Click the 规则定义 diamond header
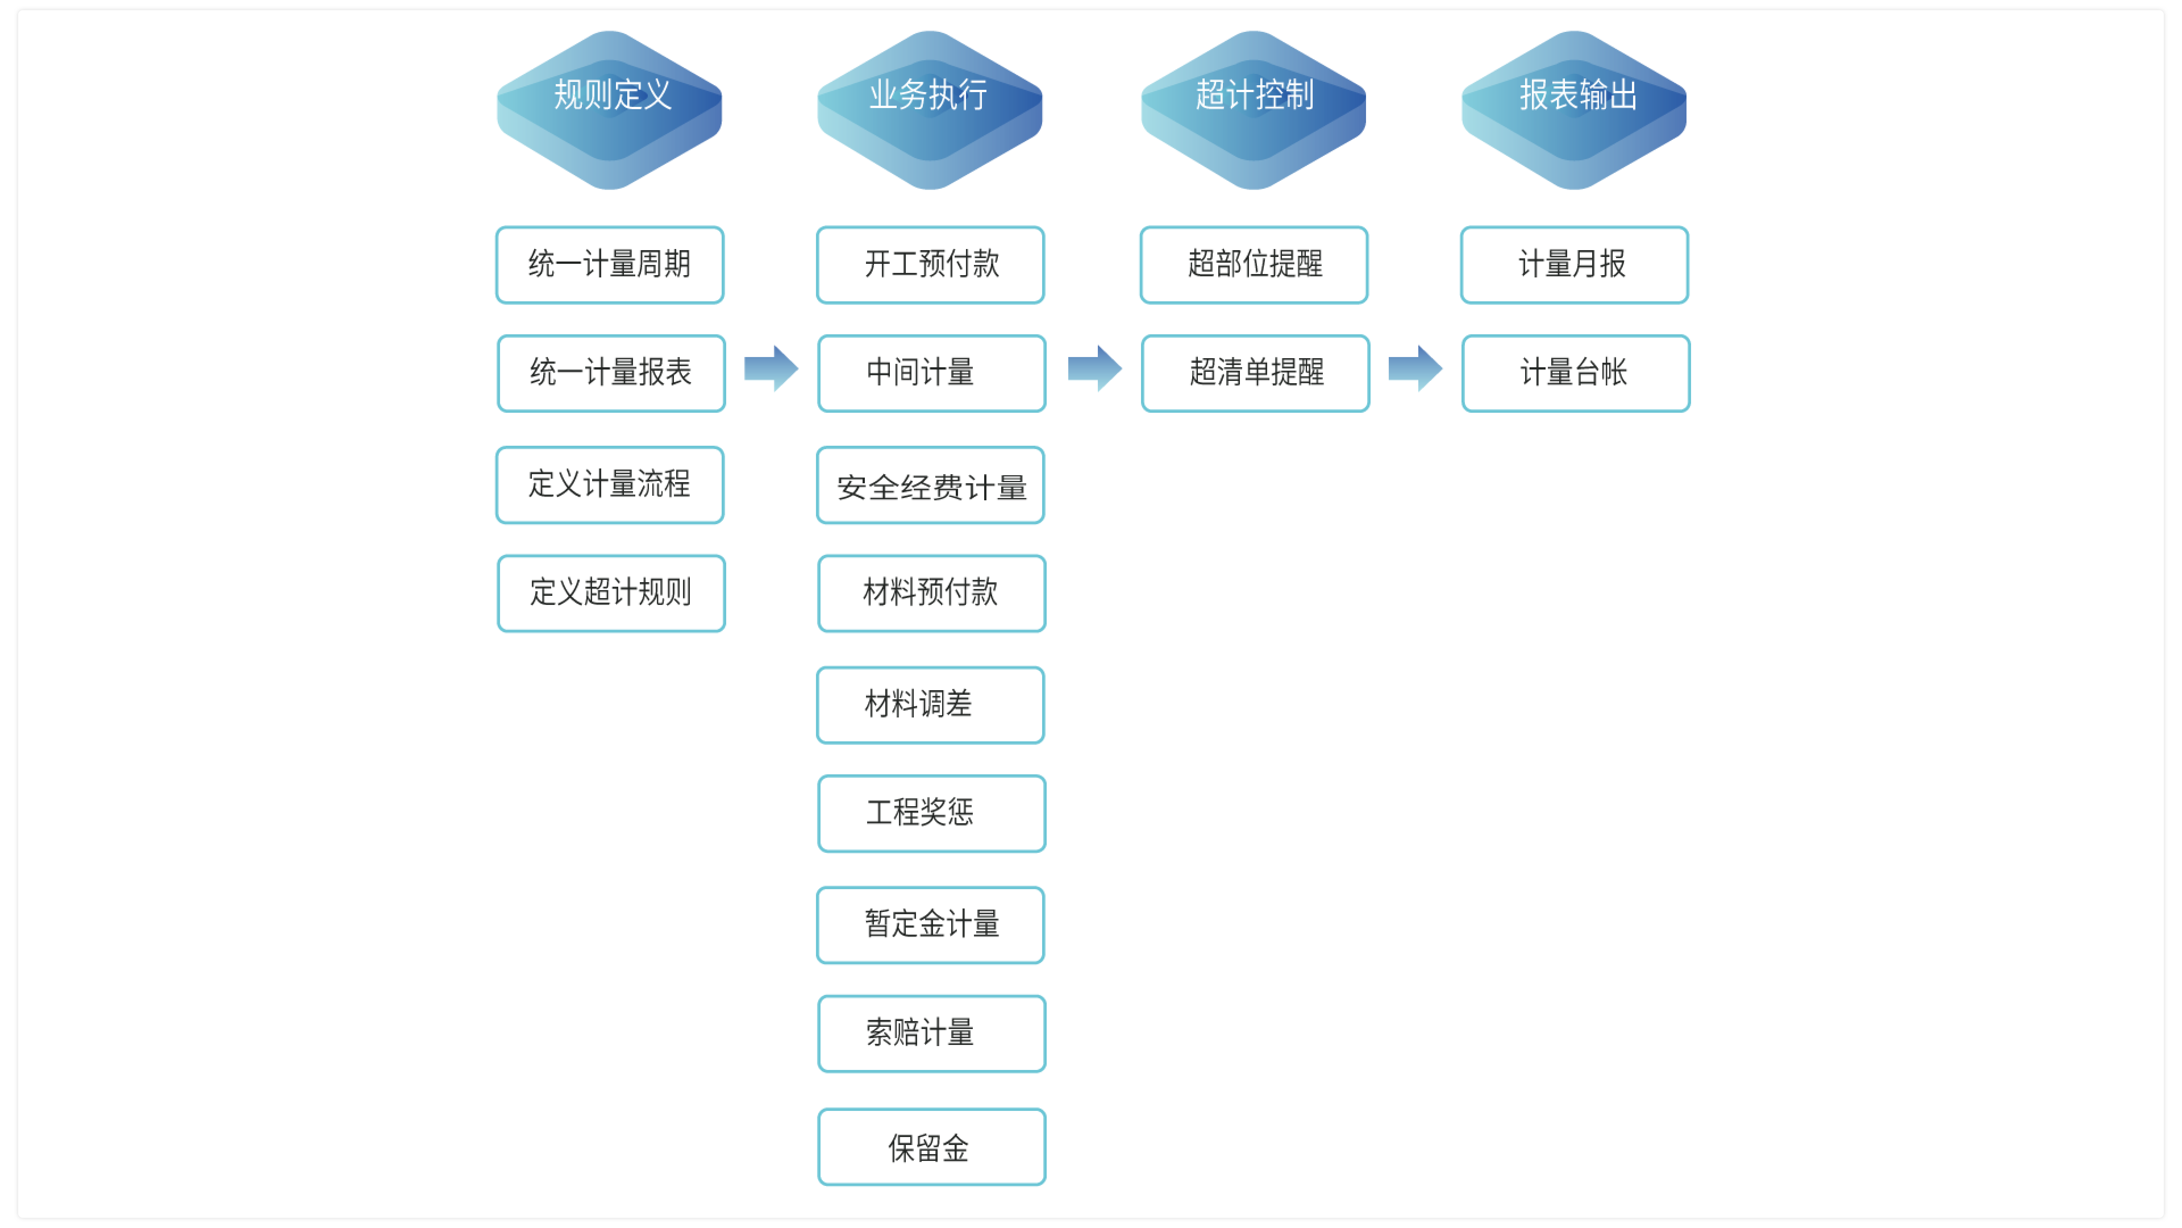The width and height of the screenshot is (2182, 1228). (609, 108)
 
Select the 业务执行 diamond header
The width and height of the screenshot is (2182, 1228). (929, 108)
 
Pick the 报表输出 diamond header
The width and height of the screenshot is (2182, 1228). (1574, 108)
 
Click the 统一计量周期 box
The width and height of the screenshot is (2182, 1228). (609, 265)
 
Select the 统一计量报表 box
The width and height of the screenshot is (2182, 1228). (611, 373)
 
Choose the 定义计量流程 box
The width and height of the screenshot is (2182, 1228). (609, 485)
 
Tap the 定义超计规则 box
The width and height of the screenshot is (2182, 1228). (611, 593)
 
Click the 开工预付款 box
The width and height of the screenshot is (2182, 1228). (930, 265)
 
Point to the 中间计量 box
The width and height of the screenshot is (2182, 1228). (931, 373)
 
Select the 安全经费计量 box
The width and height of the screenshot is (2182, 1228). (930, 485)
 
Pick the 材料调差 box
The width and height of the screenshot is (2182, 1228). (930, 705)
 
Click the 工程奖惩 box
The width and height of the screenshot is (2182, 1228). (931, 814)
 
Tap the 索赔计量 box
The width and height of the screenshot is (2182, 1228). (931, 1033)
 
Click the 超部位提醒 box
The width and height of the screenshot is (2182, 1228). (1254, 265)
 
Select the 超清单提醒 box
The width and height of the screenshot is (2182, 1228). (1255, 373)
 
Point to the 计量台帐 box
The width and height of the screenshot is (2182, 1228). (1576, 373)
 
